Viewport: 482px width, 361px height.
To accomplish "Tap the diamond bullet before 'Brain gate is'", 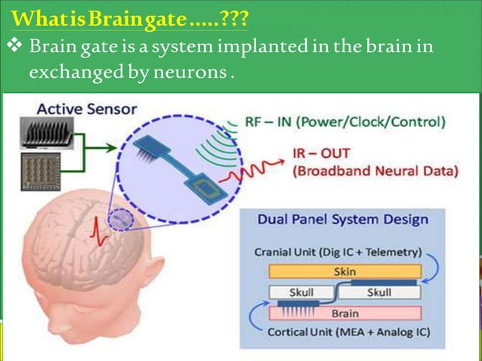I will (x=14, y=48).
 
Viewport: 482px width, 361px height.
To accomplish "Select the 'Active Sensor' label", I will (x=87, y=108).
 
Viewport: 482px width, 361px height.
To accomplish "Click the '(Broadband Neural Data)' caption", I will (x=375, y=171).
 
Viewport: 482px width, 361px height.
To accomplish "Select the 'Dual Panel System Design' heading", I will (x=342, y=221).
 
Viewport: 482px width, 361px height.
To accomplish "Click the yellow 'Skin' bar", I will (x=344, y=271).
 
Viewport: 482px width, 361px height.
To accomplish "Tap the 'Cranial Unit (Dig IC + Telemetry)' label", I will (x=337, y=252).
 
